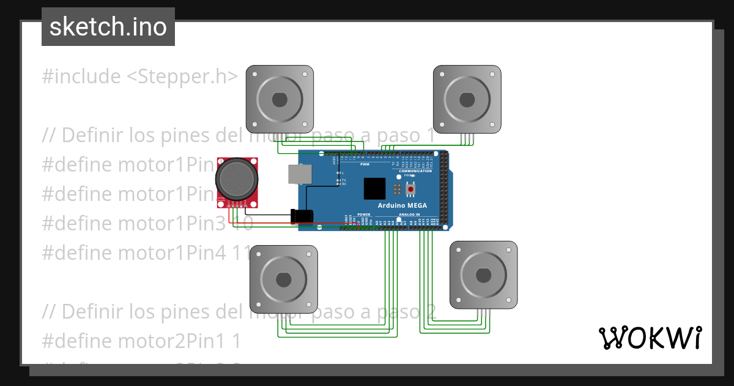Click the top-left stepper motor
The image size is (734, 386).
280,99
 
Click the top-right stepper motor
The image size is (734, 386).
467,99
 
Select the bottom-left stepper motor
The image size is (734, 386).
283,279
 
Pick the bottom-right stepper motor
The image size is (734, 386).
483,274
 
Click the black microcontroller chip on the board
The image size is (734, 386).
374,189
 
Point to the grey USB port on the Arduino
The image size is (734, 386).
300,174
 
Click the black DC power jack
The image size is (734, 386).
302,216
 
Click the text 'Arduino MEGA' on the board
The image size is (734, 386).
402,205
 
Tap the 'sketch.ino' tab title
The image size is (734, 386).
108,27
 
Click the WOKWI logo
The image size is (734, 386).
650,338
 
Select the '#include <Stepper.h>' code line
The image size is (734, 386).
139,77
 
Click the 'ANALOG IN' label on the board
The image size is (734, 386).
409,215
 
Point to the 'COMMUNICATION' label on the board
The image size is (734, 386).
416,171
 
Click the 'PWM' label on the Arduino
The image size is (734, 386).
365,165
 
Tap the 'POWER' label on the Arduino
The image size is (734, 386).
364,215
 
